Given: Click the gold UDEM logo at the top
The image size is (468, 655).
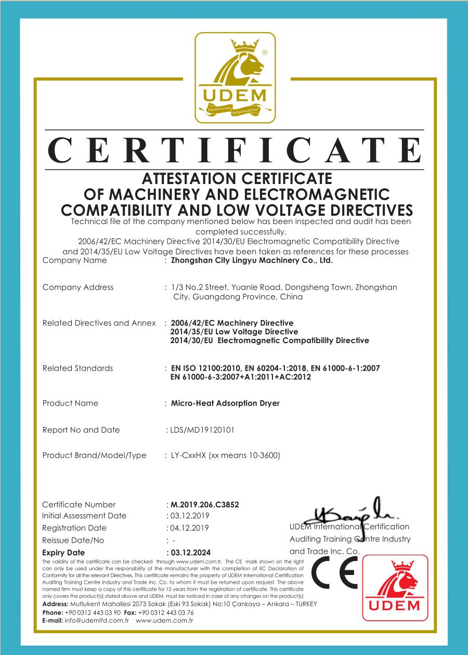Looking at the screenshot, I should pos(234,77).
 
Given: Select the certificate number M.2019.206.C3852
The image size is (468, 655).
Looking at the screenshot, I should pos(205,504).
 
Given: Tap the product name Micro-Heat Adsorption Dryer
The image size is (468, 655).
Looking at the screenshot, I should pos(225,403).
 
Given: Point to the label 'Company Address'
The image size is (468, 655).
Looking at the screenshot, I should pos(77,287).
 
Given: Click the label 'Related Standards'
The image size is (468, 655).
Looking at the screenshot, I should pos(77,368).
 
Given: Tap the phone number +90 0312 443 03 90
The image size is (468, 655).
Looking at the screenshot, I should pos(93,612).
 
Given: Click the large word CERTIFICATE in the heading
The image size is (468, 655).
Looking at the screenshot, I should pos(234,149).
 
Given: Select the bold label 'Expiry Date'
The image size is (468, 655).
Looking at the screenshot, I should pos(63,553).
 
